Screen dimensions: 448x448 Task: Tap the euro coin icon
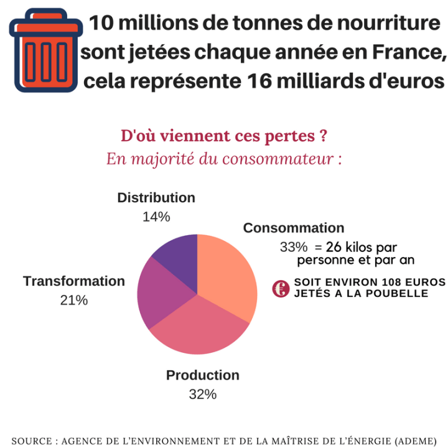pyautogui.click(x=281, y=288)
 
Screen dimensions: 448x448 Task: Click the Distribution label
pyautogui.click(x=156, y=198)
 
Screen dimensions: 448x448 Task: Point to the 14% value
pyautogui.click(x=156, y=217)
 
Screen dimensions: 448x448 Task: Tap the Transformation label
pyautogui.click(x=74, y=281)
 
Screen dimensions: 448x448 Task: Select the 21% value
pyautogui.click(x=74, y=300)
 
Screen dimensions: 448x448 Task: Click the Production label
pyautogui.click(x=202, y=375)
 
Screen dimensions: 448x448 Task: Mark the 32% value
pyautogui.click(x=202, y=394)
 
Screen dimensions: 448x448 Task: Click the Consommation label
pyautogui.click(x=293, y=228)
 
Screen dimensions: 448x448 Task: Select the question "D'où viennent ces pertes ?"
pyautogui.click(x=224, y=136)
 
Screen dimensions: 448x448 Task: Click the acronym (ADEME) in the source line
pyautogui.click(x=415, y=440)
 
